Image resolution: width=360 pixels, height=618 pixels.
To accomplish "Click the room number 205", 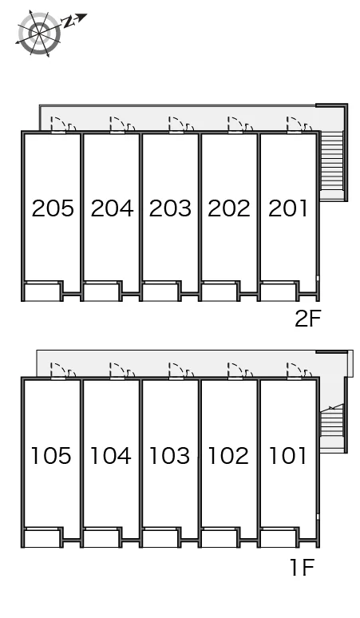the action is click(x=53, y=208).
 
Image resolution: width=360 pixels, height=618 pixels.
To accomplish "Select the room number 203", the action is click(x=170, y=208).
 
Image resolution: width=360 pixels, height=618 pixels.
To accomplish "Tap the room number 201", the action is click(x=287, y=208).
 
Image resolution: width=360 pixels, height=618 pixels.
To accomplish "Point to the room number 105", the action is click(x=51, y=455).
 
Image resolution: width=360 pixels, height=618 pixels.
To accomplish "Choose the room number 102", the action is click(x=228, y=455).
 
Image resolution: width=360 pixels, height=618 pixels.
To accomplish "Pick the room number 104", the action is click(x=111, y=455).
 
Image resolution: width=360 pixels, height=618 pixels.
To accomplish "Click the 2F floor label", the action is click(x=308, y=319).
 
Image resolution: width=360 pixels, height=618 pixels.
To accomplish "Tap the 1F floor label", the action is click(x=302, y=567).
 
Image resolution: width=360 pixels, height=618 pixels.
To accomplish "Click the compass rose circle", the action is click(x=39, y=34).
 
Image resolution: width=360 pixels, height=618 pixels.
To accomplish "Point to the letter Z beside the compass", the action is click(x=69, y=22).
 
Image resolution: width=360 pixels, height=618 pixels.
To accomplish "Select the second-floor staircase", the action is click(x=332, y=164).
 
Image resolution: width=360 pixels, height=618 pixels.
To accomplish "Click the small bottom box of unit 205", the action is click(x=42, y=291).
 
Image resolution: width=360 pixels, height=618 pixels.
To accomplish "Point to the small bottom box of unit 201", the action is click(x=278, y=291).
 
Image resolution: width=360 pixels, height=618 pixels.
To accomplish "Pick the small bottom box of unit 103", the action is click(x=160, y=537).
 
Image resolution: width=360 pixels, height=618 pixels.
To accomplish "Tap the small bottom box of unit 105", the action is click(x=42, y=537).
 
